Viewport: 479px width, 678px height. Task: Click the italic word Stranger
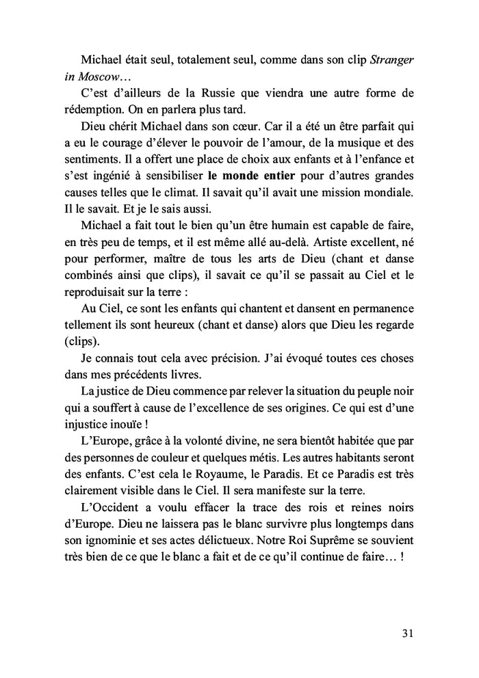coord(392,59)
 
